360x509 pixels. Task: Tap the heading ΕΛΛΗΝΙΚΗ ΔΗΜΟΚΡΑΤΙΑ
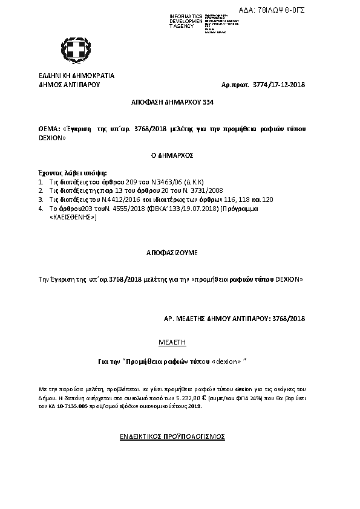76,76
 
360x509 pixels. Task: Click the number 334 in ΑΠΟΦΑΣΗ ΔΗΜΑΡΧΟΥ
207,103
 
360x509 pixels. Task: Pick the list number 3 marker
41,198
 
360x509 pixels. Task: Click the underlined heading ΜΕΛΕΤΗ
172,342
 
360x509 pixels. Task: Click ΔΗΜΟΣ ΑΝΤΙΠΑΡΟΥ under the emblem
68,85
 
